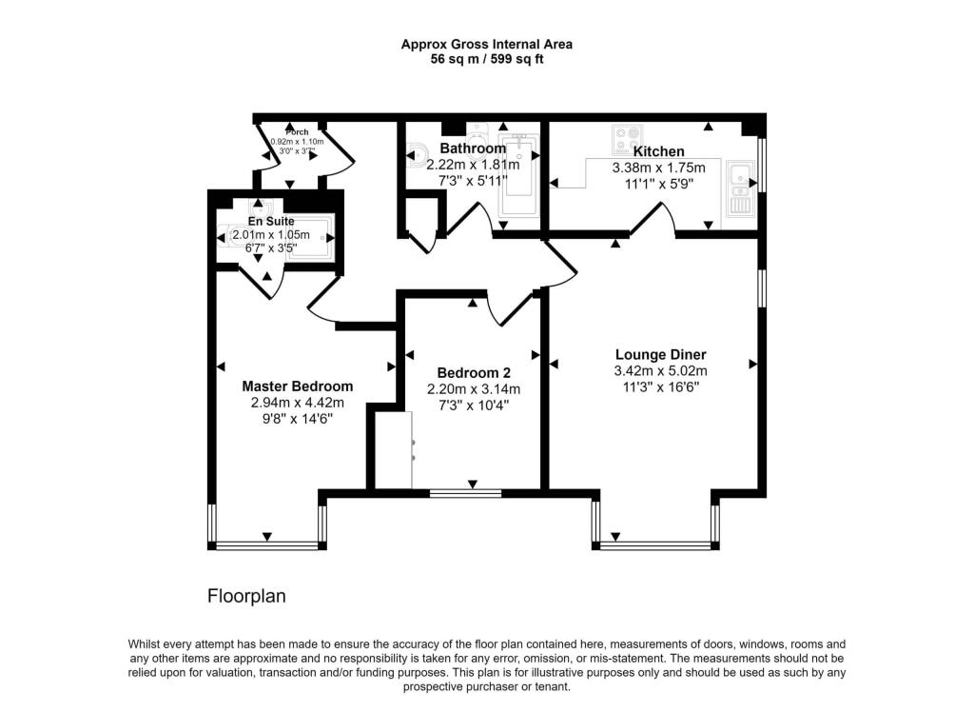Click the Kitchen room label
658,151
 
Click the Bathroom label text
472,148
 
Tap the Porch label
297,131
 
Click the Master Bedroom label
297,386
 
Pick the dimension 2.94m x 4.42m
297,403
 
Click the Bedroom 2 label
473,372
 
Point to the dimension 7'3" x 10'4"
473,405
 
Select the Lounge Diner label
660,355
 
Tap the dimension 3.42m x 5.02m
660,371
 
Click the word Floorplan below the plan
246,597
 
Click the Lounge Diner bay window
656,545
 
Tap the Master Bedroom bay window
267,545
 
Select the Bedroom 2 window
465,493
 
